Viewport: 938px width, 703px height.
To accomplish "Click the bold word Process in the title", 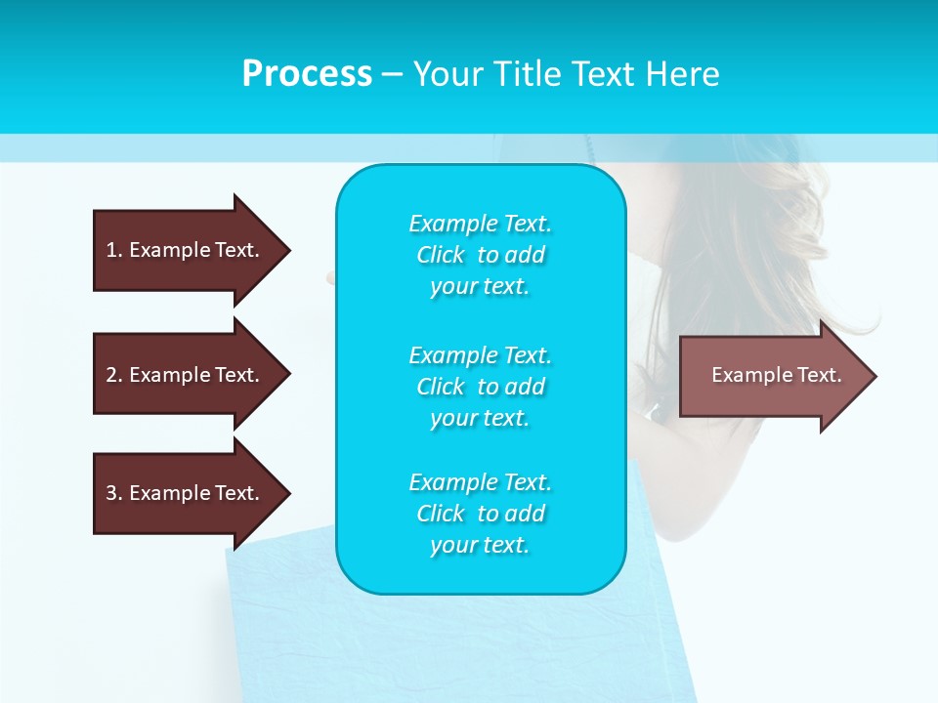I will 307,74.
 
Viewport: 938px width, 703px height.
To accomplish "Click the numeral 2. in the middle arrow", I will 113,375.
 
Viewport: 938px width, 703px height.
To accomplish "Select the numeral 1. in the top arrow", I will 113,250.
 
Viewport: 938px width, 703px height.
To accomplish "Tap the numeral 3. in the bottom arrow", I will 113,493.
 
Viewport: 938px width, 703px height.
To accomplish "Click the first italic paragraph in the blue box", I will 480,255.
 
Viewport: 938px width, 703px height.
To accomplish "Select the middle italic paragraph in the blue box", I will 480,387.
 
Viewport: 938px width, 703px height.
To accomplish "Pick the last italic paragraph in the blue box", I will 480,514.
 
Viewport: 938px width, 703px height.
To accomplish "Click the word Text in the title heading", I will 605,74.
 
